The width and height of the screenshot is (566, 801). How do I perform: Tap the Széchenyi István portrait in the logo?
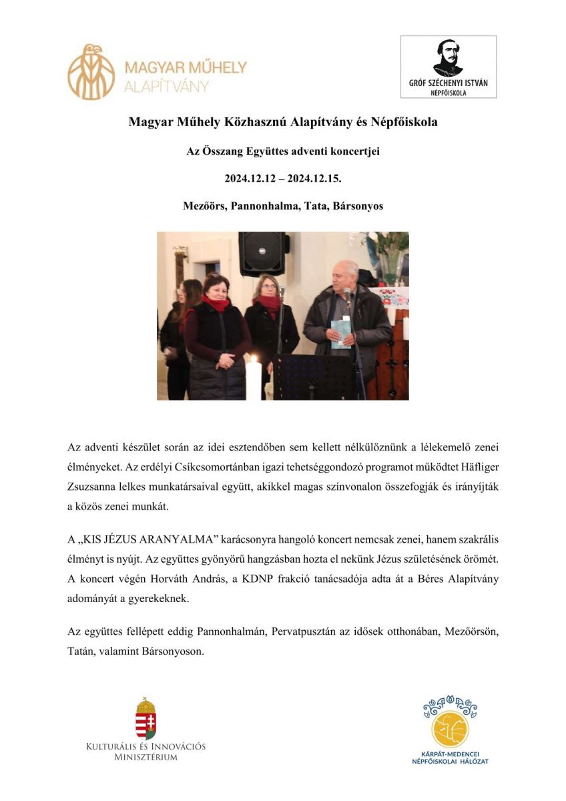[448, 58]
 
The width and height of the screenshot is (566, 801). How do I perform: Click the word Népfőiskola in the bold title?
[404, 123]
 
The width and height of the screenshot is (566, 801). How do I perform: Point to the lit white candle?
[253, 378]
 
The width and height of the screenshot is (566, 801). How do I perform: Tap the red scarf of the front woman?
[216, 304]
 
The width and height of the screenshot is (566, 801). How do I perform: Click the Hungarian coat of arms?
[146, 718]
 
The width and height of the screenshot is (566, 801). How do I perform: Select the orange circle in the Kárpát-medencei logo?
[451, 729]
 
